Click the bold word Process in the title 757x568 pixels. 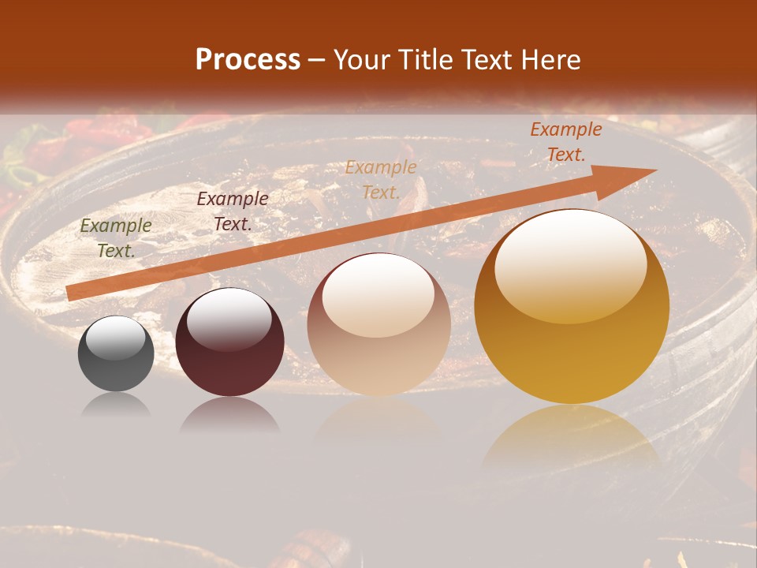pos(248,60)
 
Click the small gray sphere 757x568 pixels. pos(116,354)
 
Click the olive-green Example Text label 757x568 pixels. pos(116,238)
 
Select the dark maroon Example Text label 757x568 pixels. pos(232,211)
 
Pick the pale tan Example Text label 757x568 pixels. pos(381,180)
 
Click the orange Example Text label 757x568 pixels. pos(565,143)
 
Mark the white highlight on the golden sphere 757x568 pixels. pos(570,264)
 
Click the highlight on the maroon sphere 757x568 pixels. pos(229,318)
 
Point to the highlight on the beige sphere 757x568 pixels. pos(378,293)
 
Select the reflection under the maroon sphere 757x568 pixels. pos(229,415)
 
